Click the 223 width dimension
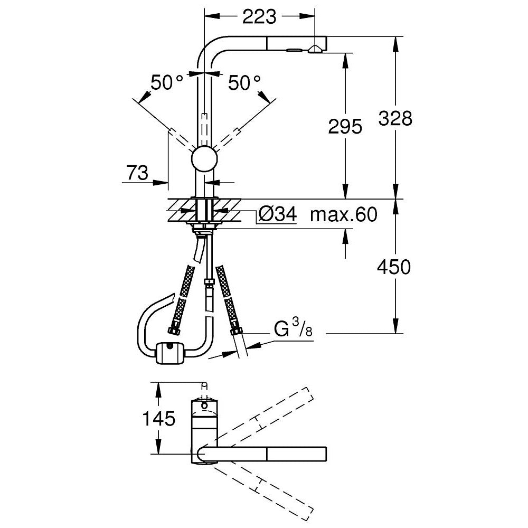(x=259, y=17)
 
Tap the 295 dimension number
(x=345, y=126)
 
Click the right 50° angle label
(x=244, y=82)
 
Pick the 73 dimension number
(x=137, y=172)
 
